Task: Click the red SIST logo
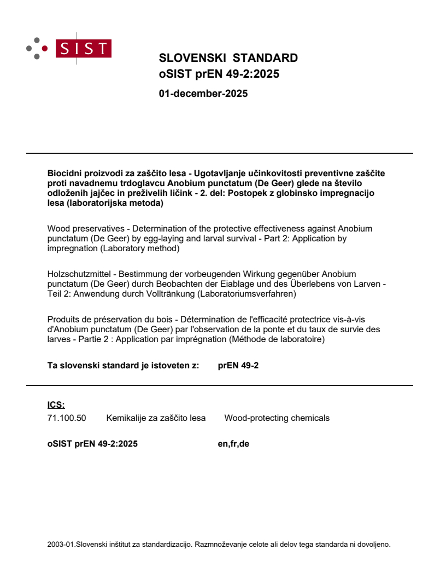[x=85, y=49]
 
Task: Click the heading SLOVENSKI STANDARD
[x=228, y=59]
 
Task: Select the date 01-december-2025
[x=203, y=94]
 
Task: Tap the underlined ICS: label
[x=56, y=405]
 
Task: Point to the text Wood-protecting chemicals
[x=277, y=418]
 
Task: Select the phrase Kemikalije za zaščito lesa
[x=156, y=418]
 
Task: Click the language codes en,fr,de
[x=233, y=444]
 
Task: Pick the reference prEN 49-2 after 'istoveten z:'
[x=238, y=366]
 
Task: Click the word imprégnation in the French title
[x=224, y=340]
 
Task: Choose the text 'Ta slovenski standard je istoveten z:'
[x=123, y=366]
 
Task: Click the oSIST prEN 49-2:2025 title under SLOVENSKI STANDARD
[x=219, y=74]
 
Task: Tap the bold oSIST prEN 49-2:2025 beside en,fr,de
[x=92, y=444]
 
